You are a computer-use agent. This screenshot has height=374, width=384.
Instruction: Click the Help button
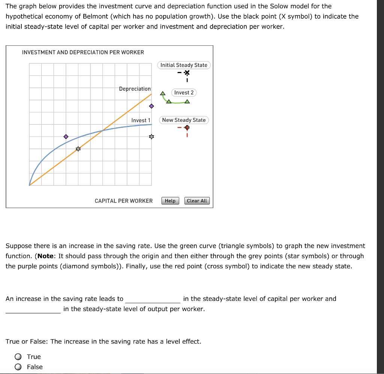(x=170, y=201)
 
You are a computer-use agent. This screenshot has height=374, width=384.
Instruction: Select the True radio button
(x=18, y=357)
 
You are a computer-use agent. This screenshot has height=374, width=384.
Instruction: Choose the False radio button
(x=18, y=367)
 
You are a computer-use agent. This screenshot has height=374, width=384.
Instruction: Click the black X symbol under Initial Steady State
(x=187, y=73)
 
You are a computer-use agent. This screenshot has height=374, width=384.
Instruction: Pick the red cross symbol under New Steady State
(x=187, y=128)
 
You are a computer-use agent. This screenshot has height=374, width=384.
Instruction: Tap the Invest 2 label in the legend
(x=184, y=93)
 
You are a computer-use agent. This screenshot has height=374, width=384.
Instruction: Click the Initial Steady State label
(x=184, y=65)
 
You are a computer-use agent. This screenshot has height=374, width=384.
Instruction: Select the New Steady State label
(x=184, y=120)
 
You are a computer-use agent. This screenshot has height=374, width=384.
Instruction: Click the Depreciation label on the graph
(x=135, y=89)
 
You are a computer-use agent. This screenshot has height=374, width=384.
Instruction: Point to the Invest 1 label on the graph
(x=141, y=120)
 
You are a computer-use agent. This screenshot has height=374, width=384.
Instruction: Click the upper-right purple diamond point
(x=151, y=106)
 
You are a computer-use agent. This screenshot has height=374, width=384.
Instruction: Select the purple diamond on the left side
(x=66, y=136)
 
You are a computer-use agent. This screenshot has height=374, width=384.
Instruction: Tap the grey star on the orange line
(x=78, y=149)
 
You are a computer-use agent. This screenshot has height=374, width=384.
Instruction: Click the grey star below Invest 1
(x=151, y=137)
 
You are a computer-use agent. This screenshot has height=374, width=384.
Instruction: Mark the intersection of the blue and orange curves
(x=102, y=130)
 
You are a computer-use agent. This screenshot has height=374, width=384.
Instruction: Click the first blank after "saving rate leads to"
(x=153, y=299)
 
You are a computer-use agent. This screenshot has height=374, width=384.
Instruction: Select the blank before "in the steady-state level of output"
(x=33, y=310)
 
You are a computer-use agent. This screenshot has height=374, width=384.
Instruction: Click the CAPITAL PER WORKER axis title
(x=123, y=201)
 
